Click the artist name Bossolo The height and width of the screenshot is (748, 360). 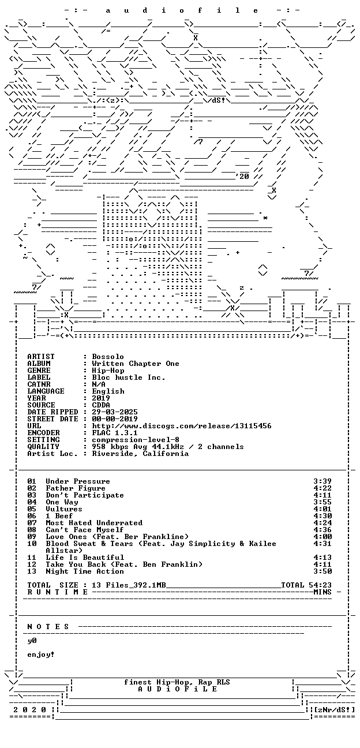108,357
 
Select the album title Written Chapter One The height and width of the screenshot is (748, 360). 136,364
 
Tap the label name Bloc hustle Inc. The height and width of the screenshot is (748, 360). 129,377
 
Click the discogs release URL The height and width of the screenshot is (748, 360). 182,426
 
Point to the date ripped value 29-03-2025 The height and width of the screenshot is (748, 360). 115,412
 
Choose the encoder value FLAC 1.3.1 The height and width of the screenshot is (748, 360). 115,433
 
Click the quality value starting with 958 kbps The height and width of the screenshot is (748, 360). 168,447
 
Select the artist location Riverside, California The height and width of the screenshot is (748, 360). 140,454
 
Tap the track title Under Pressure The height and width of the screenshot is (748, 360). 78,481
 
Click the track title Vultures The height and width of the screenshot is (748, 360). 63,509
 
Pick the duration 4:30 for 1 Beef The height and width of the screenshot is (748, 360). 322,516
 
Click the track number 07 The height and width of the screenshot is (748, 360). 32,523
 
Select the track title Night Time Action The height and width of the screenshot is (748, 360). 85,571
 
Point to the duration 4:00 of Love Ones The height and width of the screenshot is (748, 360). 322,537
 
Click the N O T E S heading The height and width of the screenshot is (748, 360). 48,627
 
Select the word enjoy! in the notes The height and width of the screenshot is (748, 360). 41,654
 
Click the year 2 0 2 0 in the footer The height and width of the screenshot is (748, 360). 29,710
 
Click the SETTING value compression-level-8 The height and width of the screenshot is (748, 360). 136,440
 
